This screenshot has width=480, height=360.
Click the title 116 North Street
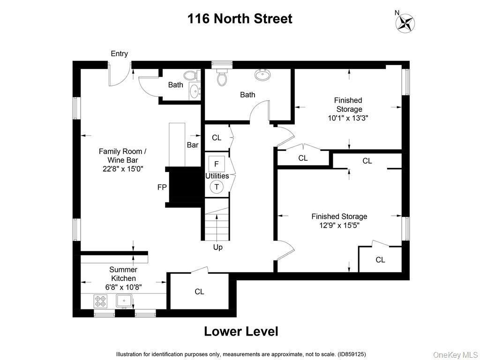pos(240,19)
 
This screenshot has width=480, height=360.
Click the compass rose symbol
pos(405,23)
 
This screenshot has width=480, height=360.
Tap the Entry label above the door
pos(119,54)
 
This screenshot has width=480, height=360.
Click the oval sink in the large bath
pos(262,75)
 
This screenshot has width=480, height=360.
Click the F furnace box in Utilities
pos(217,164)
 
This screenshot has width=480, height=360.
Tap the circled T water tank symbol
pos(217,187)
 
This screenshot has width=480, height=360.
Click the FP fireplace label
pos(161,187)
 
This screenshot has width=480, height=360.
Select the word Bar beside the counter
pos(193,145)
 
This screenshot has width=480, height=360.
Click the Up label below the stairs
pos(218,247)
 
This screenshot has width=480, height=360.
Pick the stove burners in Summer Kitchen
pos(101,300)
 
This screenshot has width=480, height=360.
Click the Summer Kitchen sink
pos(125,300)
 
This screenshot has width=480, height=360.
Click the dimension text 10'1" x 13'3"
pos(348,118)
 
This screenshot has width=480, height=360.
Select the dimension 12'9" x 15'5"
pos(339,225)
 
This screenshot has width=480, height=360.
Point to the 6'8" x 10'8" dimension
pos(123,287)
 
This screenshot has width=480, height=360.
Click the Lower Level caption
pos(241,331)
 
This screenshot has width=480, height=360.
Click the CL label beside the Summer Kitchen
pos(199,292)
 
